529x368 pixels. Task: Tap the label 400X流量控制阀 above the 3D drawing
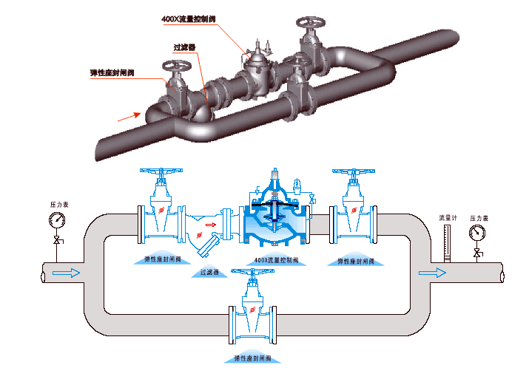pos(189,19)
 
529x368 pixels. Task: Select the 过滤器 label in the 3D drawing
pos(184,47)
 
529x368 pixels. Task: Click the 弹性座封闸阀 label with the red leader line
pos(112,72)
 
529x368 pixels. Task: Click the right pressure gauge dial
pos(477,233)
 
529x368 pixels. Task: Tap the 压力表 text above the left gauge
pos(59,203)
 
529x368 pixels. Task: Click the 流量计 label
pos(446,218)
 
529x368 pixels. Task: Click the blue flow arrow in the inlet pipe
pos(67,273)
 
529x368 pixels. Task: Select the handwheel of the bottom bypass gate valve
pos(255,271)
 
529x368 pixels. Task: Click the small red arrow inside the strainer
pos(209,224)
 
